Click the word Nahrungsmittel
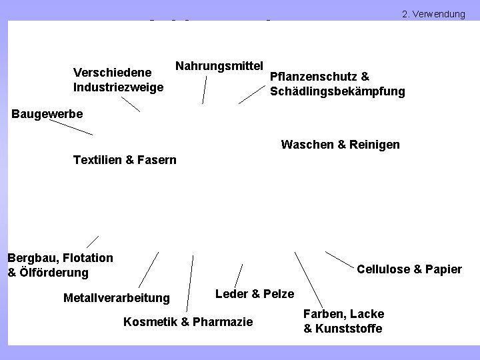(219, 65)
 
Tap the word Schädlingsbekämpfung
(337, 91)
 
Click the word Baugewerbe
(47, 114)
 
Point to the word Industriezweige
(118, 87)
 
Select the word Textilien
(97, 160)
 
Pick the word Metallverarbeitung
(116, 297)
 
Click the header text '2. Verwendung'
(433, 13)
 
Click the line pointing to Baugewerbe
(69, 128)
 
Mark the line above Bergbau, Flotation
(92, 241)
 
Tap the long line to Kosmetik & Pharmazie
(191, 283)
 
